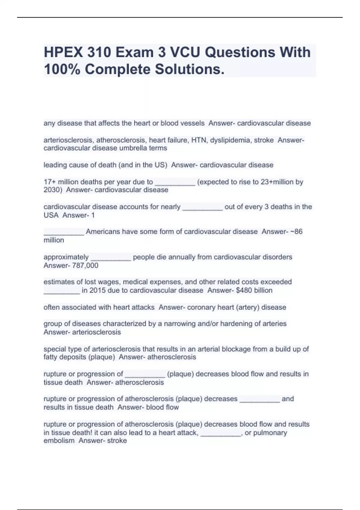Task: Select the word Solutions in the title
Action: click(x=190, y=70)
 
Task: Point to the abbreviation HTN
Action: click(x=199, y=140)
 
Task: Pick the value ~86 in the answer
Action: click(x=296, y=232)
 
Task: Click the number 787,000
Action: click(x=85, y=265)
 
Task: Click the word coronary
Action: click(x=199, y=307)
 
